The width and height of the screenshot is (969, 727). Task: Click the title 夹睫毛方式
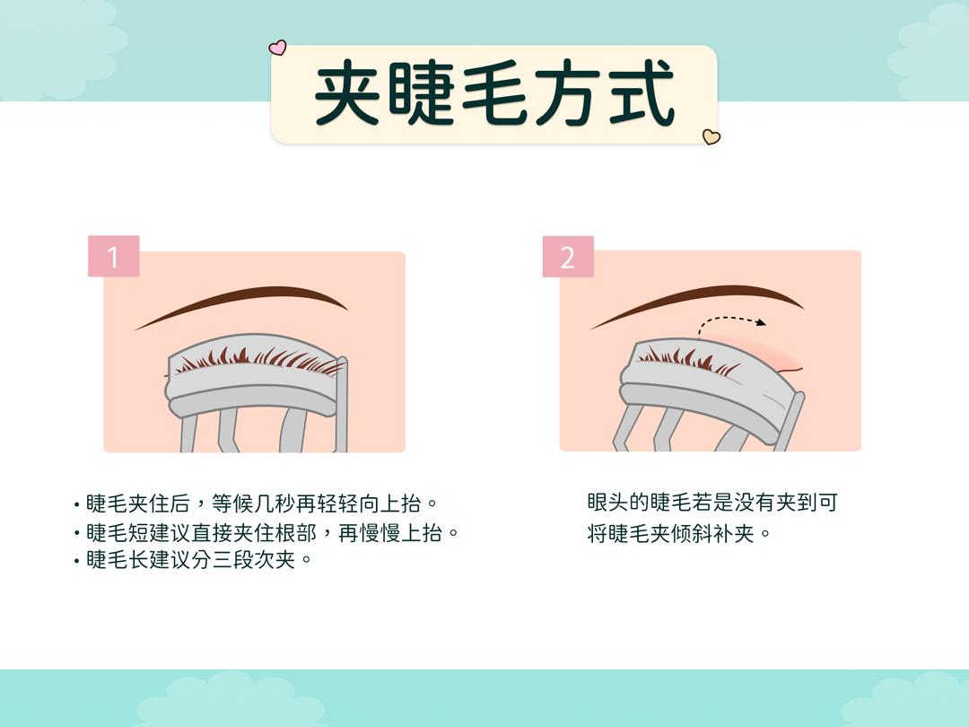click(x=494, y=93)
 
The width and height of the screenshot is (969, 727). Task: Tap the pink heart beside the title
click(x=278, y=48)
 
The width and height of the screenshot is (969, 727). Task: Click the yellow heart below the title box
click(x=711, y=137)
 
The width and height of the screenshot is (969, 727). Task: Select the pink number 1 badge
click(x=113, y=257)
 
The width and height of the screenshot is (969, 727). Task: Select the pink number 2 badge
click(x=567, y=257)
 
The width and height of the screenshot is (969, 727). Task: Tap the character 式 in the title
click(x=639, y=93)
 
